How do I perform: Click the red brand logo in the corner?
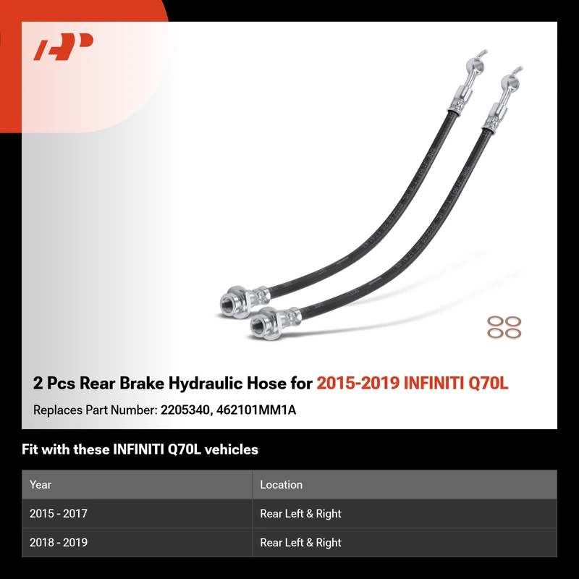point(63,46)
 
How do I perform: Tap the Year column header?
point(41,484)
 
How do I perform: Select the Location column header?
point(281,484)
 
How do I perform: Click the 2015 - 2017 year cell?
point(59,513)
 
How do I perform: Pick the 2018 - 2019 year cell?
point(59,542)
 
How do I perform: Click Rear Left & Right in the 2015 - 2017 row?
point(300,513)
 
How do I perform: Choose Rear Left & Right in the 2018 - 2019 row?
point(300,542)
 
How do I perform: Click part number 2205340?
point(186,410)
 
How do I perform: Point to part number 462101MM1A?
point(256,410)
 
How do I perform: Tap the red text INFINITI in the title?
point(434,383)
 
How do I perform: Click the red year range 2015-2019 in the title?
point(358,383)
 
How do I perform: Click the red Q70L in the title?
point(488,383)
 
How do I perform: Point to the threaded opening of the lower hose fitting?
point(258,324)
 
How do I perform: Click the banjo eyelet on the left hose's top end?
point(474,65)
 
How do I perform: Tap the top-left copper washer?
point(495,321)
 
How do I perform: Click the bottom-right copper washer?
point(513,334)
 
